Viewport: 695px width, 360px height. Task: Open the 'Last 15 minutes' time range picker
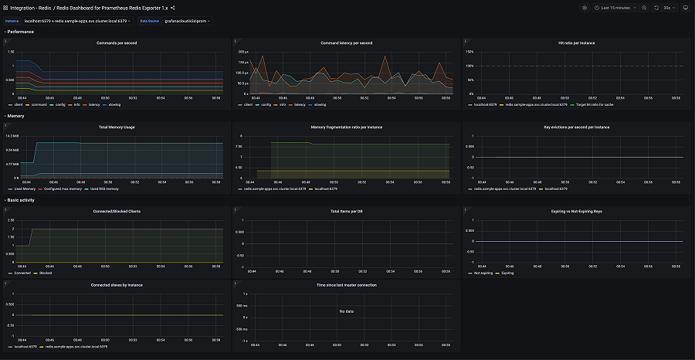(x=615, y=7)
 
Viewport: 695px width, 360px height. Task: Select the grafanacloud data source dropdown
(x=186, y=21)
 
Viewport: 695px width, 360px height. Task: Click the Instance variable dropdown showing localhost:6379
(x=77, y=21)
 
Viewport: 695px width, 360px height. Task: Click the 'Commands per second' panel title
(x=117, y=42)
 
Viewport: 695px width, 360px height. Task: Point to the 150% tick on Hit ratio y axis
(x=470, y=52)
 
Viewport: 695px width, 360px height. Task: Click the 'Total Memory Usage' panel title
(x=117, y=127)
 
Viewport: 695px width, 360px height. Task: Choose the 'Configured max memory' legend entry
(x=63, y=188)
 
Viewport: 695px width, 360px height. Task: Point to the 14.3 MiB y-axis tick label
(x=12, y=136)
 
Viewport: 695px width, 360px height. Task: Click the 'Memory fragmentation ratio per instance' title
(x=346, y=127)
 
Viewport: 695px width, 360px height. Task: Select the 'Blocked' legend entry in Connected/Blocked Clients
(x=45, y=273)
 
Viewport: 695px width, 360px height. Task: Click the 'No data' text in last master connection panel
(x=346, y=311)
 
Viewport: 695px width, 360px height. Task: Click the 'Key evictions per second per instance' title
(x=576, y=127)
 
